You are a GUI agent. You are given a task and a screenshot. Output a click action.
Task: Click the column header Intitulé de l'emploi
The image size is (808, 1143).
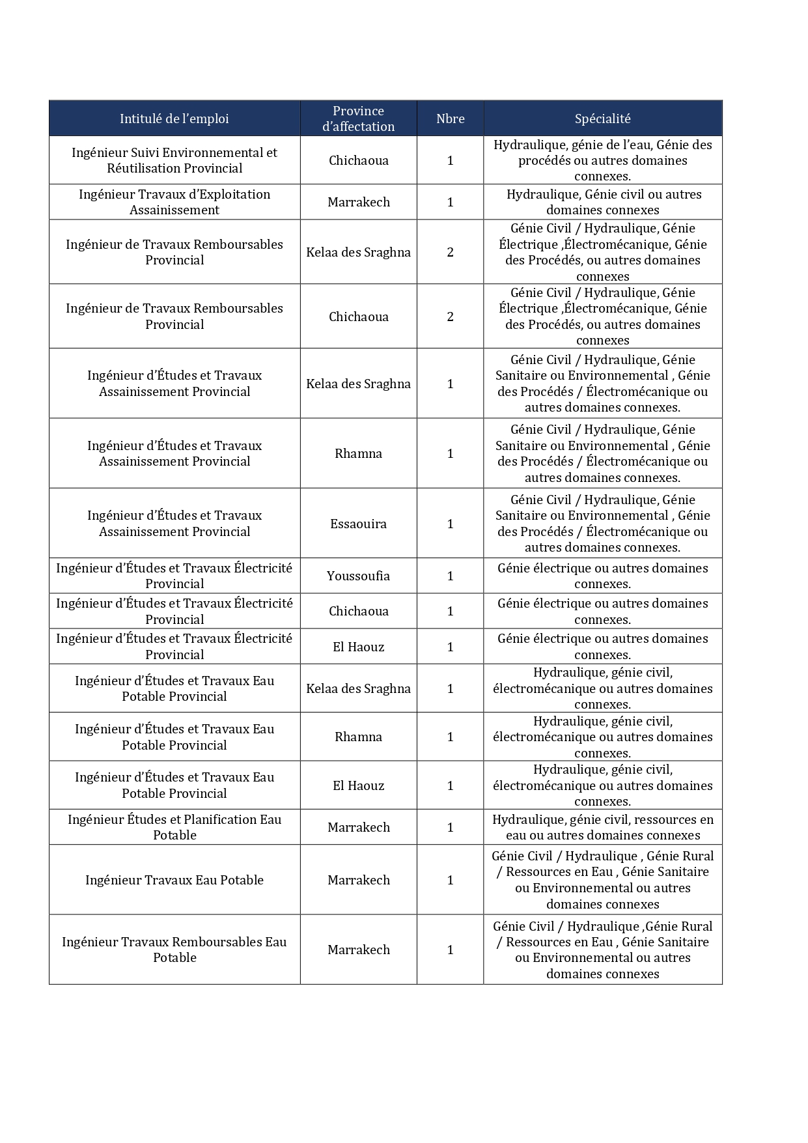pyautogui.click(x=174, y=119)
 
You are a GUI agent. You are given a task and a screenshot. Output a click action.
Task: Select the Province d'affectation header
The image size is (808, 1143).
pyautogui.click(x=358, y=119)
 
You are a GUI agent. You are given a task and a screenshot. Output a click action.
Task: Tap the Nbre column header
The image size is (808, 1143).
pyautogui.click(x=450, y=119)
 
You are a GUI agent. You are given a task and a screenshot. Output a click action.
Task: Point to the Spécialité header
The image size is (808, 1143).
pyautogui.click(x=602, y=119)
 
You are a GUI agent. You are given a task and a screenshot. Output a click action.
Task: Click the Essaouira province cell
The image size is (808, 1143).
pyautogui.click(x=358, y=524)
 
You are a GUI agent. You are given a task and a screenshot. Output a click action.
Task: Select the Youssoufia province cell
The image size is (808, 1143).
pyautogui.click(x=358, y=576)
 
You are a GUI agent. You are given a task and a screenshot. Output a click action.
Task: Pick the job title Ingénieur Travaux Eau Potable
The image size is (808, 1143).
pyautogui.click(x=174, y=880)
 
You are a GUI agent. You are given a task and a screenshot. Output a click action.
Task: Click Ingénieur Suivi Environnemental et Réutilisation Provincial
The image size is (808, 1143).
pyautogui.click(x=174, y=160)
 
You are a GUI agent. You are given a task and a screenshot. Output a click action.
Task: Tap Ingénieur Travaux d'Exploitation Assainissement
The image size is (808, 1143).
pyautogui.click(x=174, y=202)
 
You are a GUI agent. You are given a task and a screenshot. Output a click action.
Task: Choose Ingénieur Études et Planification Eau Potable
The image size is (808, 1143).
pyautogui.click(x=174, y=827)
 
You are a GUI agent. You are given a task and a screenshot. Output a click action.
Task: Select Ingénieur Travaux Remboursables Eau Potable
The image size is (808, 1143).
pyautogui.click(x=174, y=950)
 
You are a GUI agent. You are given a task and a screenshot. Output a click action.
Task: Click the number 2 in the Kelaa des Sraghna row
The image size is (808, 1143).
pyautogui.click(x=450, y=252)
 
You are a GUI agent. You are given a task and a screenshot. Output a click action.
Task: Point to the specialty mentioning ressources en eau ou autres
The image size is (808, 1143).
pyautogui.click(x=602, y=827)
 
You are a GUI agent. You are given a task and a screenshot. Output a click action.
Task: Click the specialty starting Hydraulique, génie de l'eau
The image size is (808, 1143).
pyautogui.click(x=602, y=160)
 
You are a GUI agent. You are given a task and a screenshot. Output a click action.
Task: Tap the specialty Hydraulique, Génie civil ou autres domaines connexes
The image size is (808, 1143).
pyautogui.click(x=602, y=202)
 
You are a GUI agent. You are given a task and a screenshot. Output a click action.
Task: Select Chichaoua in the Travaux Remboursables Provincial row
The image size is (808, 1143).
pyautogui.click(x=358, y=317)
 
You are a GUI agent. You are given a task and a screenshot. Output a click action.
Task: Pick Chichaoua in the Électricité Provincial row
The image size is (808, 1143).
pyautogui.click(x=358, y=611)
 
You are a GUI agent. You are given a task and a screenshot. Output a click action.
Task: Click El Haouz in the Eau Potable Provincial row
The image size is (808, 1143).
pyautogui.click(x=358, y=785)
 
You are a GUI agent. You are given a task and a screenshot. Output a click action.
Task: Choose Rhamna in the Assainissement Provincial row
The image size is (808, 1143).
pyautogui.click(x=358, y=453)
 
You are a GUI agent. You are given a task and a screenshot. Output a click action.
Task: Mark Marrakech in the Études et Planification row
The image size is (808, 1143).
pyautogui.click(x=358, y=827)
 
